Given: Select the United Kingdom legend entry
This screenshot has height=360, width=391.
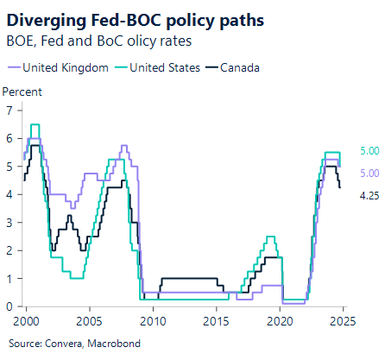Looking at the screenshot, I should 63,66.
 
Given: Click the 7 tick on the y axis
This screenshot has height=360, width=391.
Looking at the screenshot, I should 9,110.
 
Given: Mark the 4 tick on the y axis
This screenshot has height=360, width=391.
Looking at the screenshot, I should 9,194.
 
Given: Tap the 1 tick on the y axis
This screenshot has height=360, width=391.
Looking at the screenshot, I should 9,279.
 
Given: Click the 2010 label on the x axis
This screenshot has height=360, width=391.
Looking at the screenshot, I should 153,319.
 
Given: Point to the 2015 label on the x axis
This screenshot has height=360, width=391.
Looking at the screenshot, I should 217,319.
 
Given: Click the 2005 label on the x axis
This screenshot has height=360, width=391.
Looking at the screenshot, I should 90,319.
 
